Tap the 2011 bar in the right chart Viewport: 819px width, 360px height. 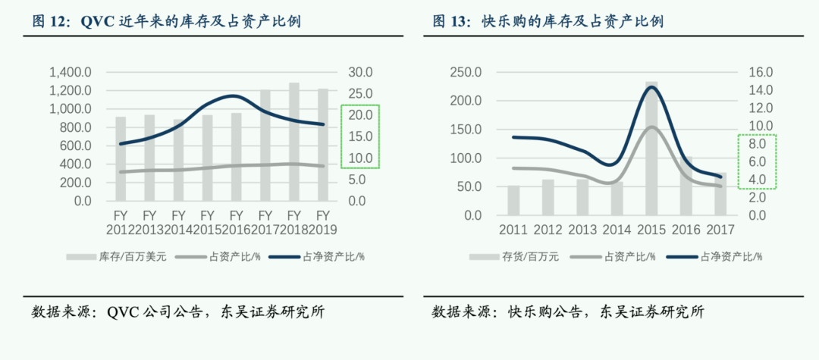pos(513,200)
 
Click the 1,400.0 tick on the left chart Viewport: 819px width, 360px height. pos(71,73)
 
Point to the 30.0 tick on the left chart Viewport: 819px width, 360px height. pos(360,73)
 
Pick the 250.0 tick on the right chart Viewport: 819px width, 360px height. pos(466,73)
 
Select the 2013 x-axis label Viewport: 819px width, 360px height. pos(582,230)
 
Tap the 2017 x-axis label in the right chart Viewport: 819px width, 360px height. pos(720,230)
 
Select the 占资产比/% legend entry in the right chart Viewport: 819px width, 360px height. pos(630,256)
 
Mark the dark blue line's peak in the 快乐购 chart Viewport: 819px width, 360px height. pos(651,86)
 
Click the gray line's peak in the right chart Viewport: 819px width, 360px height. pos(652,127)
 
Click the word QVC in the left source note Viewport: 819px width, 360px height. pos(122,311)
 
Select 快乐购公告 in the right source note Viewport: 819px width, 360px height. pos(542,311)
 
